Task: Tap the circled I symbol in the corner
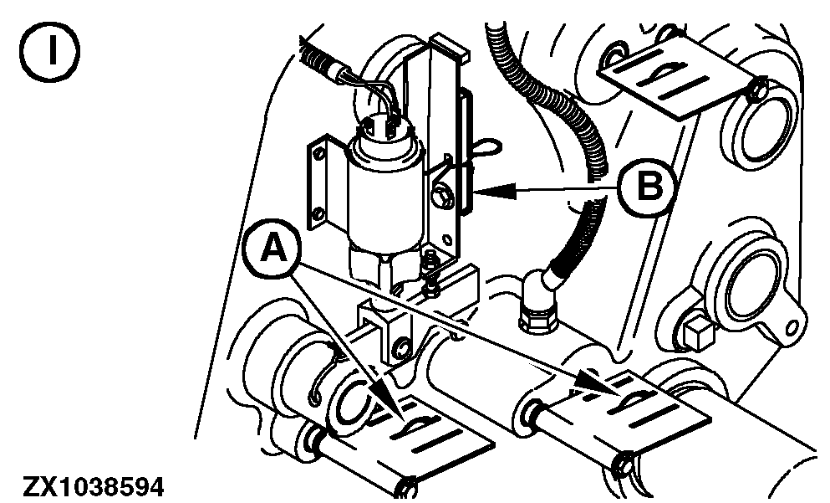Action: click(x=52, y=52)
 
